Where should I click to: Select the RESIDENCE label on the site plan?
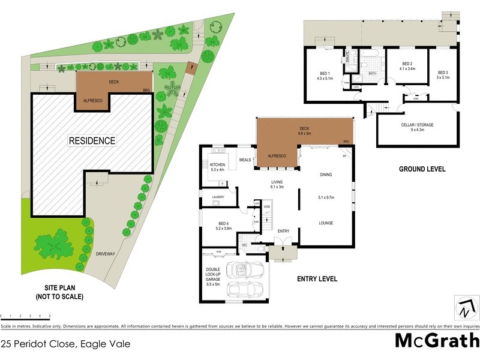[91, 141]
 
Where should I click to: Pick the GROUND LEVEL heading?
[422, 169]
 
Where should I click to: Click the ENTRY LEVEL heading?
[317, 278]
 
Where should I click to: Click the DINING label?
[325, 175]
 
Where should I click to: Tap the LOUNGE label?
[326, 223]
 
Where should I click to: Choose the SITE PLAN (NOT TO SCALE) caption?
[59, 292]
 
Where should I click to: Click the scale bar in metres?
[25, 315]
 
